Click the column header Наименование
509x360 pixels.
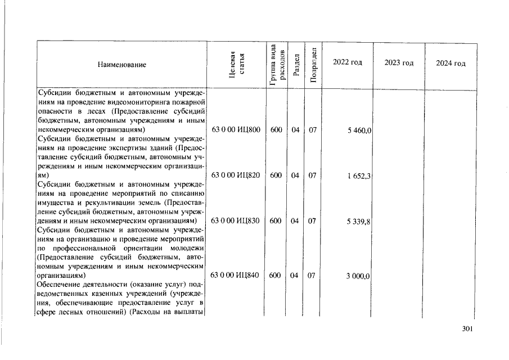pos(122,65)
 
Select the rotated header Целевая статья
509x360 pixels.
pos(237,65)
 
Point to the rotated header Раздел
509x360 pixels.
pos(296,65)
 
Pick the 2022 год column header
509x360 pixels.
pos(347,62)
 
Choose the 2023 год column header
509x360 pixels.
pos(399,62)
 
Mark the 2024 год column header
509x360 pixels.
pos(451,62)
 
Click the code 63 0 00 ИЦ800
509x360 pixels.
pos(235,130)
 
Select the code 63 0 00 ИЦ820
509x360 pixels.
pos(235,175)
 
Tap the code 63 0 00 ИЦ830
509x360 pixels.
pos(235,221)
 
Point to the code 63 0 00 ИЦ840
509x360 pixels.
pos(235,276)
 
